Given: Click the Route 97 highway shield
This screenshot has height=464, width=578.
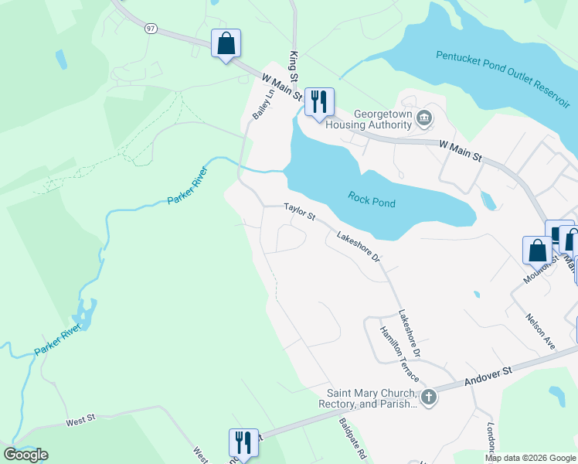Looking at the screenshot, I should (x=149, y=28).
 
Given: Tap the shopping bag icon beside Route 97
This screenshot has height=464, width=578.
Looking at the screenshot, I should (x=226, y=44).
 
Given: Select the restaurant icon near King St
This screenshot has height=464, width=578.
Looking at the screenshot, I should (x=318, y=101).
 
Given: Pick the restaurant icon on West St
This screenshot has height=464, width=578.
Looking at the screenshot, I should (x=243, y=443).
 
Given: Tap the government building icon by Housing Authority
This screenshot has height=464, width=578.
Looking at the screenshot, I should (x=424, y=119).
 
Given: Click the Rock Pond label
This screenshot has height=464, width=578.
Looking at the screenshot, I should (x=372, y=203).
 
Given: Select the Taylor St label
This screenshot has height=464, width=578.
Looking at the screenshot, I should (x=300, y=211).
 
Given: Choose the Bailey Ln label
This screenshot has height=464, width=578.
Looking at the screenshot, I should (x=263, y=104).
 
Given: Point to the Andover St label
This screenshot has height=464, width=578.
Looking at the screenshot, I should (x=489, y=377).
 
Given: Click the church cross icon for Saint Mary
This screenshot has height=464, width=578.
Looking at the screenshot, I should (x=428, y=397).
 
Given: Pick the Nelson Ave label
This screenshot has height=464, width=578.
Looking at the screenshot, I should (x=540, y=331).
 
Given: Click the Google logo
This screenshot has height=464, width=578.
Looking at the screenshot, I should (x=25, y=455).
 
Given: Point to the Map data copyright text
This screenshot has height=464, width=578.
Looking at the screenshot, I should (x=530, y=458).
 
